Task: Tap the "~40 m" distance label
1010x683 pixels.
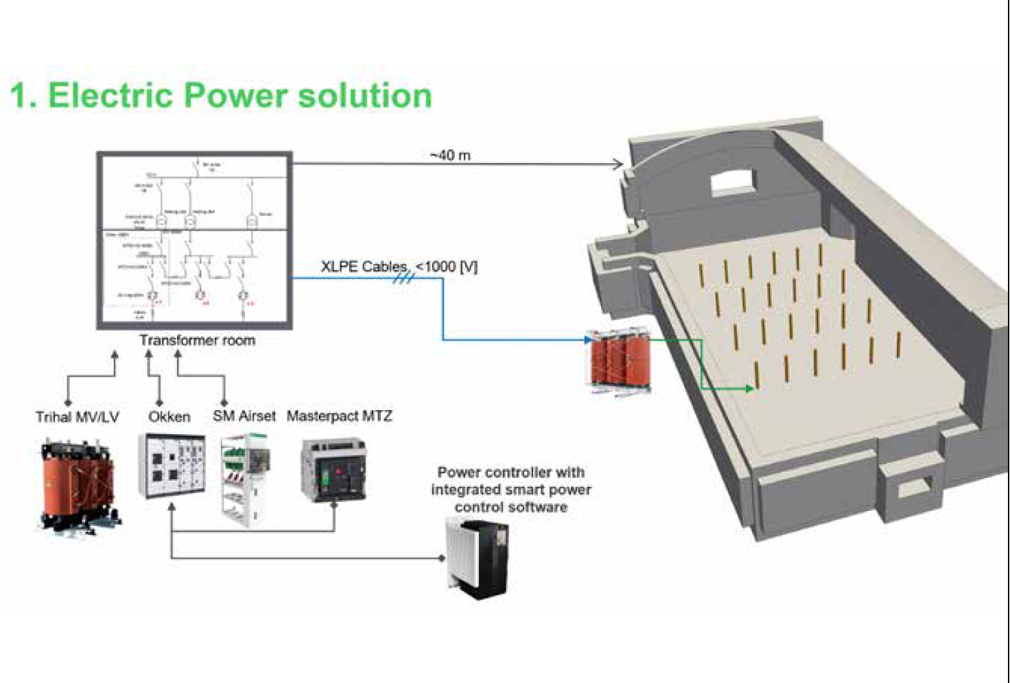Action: (450, 156)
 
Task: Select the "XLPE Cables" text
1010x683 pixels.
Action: (364, 266)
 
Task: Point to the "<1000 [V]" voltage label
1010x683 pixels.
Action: (447, 266)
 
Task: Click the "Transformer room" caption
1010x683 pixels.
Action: (197, 340)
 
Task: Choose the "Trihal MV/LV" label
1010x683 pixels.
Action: (77, 416)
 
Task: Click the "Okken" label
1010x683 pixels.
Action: (169, 416)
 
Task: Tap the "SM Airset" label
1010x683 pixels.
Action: (244, 416)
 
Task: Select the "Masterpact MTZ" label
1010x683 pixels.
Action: (340, 416)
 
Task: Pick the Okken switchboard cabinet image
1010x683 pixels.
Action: (172, 466)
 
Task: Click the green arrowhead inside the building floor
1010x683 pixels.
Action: (749, 389)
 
